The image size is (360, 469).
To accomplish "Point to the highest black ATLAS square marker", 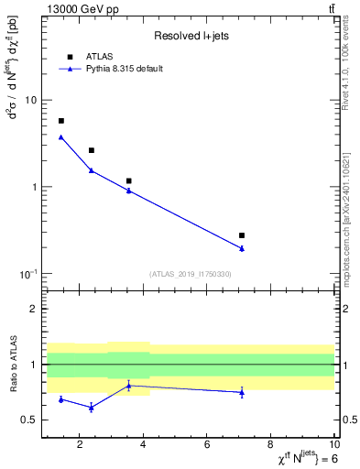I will coord(61,121).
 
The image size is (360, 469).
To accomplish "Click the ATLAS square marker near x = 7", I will coord(242,235).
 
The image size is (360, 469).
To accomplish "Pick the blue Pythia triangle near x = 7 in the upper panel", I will coord(242,248).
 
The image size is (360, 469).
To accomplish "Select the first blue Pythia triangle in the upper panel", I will coord(61,137).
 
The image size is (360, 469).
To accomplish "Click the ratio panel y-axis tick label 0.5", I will coord(29,420).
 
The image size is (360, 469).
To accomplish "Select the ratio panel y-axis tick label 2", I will coord(34,309).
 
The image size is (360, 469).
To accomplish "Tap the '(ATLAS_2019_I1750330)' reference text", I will coord(191,274).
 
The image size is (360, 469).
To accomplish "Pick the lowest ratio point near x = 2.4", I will coord(91,408).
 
